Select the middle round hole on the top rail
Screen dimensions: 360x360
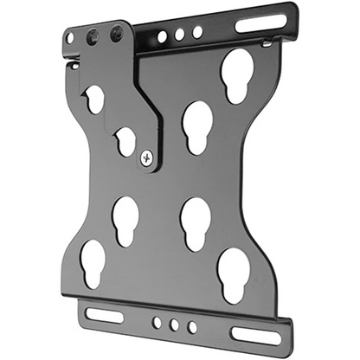pos(180,35)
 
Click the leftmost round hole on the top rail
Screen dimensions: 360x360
pos(163,37)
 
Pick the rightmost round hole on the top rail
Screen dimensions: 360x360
pos(197,32)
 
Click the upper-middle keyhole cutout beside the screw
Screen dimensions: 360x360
pos(196,125)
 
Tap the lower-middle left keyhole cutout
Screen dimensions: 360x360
pos(126,220)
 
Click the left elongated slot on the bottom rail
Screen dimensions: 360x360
pos(105,315)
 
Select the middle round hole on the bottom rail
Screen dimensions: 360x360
pos(173,325)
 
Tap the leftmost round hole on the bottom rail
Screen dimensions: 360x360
pos(156,323)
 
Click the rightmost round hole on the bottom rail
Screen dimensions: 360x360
pos(190,328)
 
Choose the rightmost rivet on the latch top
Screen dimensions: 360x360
pos(115,34)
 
